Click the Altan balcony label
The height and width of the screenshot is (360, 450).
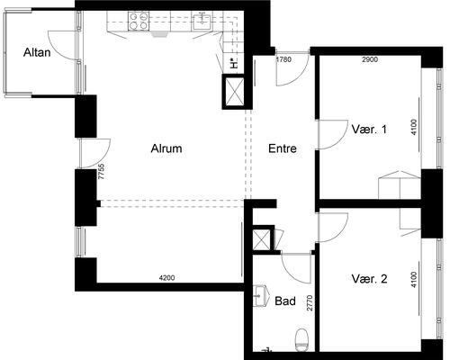pos(37,52)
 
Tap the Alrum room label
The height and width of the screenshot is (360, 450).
pos(166,148)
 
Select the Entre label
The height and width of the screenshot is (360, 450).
pos(283,148)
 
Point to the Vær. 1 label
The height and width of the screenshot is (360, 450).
pos(369,130)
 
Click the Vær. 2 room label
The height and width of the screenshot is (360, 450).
pos(369,279)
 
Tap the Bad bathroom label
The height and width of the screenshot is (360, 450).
pos(285,301)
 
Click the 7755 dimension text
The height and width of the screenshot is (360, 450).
pos(102,172)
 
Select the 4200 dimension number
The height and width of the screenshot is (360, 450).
pos(166,278)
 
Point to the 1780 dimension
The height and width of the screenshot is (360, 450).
pos(283,59)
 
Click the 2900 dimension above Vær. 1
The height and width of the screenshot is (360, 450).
pos(370,59)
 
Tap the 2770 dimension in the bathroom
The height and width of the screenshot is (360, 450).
pos(310,303)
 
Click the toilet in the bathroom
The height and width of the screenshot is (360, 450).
pos(301,340)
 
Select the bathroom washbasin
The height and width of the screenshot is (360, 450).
pos(260,296)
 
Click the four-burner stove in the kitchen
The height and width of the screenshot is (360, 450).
pos(139,21)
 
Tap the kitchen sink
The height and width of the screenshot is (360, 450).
pos(202,21)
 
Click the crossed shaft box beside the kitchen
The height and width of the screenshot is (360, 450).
pos(234,92)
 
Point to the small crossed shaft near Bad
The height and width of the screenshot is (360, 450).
pos(262,239)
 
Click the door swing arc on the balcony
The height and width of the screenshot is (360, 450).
pos(61,45)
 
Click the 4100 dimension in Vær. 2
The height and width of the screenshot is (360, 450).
pos(414,280)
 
